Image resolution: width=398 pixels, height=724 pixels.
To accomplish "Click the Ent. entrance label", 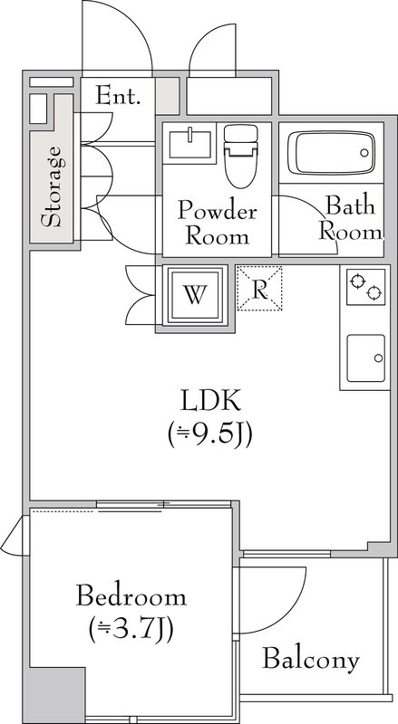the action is pyautogui.click(x=118, y=96).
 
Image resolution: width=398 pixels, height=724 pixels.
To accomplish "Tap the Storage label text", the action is pyautogui.click(x=51, y=186).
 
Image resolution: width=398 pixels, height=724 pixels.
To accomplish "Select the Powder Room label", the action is pyautogui.click(x=217, y=224).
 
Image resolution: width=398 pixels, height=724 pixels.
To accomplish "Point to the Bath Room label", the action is pyautogui.click(x=351, y=218).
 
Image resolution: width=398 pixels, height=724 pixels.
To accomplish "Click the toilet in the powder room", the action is pyautogui.click(x=240, y=156).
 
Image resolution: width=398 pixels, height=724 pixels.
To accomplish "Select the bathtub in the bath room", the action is pyautogui.click(x=331, y=152).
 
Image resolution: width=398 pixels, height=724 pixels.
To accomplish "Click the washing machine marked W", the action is pyautogui.click(x=195, y=295).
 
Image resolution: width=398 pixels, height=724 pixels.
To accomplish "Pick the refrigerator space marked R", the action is pyautogui.click(x=259, y=288).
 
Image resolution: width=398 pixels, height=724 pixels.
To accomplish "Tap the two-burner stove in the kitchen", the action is pyautogui.click(x=365, y=286).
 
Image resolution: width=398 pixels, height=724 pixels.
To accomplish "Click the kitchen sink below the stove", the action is pyautogui.click(x=365, y=358).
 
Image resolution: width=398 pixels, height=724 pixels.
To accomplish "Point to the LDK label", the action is pyautogui.click(x=210, y=401).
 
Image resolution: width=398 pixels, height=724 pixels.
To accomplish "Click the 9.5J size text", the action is pyautogui.click(x=210, y=435).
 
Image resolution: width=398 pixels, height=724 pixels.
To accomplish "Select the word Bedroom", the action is pyautogui.click(x=131, y=595).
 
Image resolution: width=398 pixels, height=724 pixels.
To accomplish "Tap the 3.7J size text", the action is pyautogui.click(x=131, y=630).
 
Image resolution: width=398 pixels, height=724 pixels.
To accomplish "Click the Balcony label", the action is pyautogui.click(x=311, y=661).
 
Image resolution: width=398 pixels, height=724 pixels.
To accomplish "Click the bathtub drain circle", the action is pyautogui.click(x=364, y=152).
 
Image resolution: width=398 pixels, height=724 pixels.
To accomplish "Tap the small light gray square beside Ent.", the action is pyautogui.click(x=166, y=95).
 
